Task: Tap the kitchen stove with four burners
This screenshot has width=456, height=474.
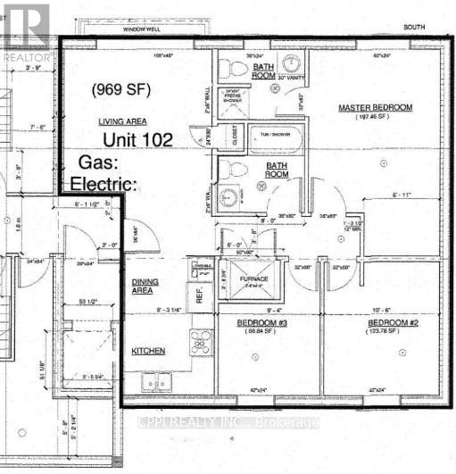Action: pos(201,344)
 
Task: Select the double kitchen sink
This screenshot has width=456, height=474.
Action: pos(160,382)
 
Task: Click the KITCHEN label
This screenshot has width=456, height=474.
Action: pos(148,352)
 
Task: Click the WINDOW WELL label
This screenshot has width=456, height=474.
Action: pos(141,29)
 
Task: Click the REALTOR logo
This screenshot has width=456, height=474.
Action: pos(24,31)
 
